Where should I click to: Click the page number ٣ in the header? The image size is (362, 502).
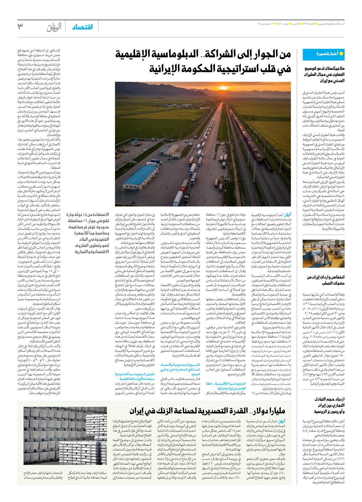tap(20, 26)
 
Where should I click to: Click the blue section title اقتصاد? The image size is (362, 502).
tap(82, 27)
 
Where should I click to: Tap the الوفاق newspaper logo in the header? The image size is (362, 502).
tap(54, 27)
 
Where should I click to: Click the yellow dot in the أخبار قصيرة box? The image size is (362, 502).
tap(341, 54)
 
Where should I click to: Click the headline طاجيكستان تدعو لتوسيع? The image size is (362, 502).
tap(324, 69)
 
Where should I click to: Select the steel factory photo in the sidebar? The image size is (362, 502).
tap(323, 253)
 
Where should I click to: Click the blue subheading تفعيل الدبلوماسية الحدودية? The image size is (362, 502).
tap(135, 376)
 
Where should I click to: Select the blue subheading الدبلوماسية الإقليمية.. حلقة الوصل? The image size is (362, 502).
tap(226, 386)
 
